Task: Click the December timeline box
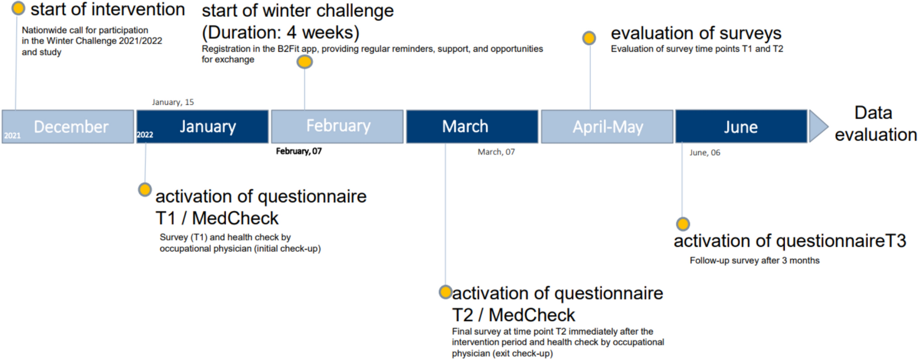click(x=68, y=126)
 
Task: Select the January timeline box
click(x=202, y=126)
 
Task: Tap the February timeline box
click(x=337, y=126)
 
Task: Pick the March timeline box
click(x=472, y=126)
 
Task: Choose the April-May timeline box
click(x=607, y=126)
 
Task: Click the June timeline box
click(x=741, y=126)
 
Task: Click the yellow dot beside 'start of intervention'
click(x=18, y=8)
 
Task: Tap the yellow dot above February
click(x=304, y=62)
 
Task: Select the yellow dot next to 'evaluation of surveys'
click(x=589, y=38)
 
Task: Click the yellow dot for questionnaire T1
click(x=145, y=190)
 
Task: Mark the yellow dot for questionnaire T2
click(x=445, y=292)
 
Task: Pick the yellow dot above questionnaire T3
click(x=683, y=224)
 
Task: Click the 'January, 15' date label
click(x=173, y=102)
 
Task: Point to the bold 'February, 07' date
click(x=299, y=151)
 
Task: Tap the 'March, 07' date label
click(x=496, y=152)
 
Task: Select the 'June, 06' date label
click(x=705, y=153)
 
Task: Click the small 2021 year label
click(x=13, y=136)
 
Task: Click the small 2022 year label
click(x=145, y=135)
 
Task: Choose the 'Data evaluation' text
click(x=876, y=124)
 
